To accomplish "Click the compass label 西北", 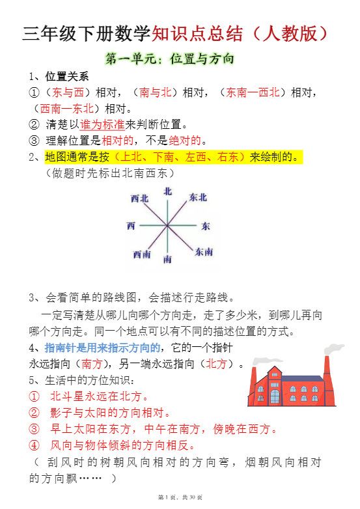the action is (139, 198).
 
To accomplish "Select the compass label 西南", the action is (142, 253).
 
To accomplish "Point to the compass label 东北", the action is (198, 197).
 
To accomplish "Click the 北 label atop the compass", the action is (168, 191).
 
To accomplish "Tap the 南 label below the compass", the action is (168, 259).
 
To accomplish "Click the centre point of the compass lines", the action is (168, 226).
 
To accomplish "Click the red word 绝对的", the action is (185, 140).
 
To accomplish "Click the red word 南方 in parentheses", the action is (92, 364).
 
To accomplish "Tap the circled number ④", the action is (35, 446).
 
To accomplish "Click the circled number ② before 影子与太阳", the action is (35, 413).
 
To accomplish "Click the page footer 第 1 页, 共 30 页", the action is (180, 498).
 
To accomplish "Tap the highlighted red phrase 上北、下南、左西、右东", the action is (180, 157).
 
